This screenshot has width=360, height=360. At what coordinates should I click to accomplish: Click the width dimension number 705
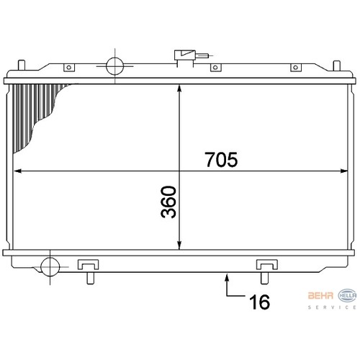click(221, 159)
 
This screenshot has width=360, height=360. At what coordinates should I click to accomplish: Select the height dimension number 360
click(168, 202)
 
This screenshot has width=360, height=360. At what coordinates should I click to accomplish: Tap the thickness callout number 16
click(259, 302)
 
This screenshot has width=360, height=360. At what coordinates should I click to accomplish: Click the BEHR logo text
click(320, 295)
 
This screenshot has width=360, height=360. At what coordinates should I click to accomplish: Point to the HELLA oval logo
click(347, 295)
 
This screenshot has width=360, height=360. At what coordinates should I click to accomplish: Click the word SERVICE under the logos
click(333, 307)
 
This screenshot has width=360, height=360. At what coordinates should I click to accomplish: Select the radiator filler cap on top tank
click(185, 55)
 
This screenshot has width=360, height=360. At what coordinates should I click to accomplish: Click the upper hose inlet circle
click(114, 66)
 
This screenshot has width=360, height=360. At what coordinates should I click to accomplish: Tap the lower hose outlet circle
click(50, 267)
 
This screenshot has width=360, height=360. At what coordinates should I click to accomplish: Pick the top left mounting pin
click(22, 65)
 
